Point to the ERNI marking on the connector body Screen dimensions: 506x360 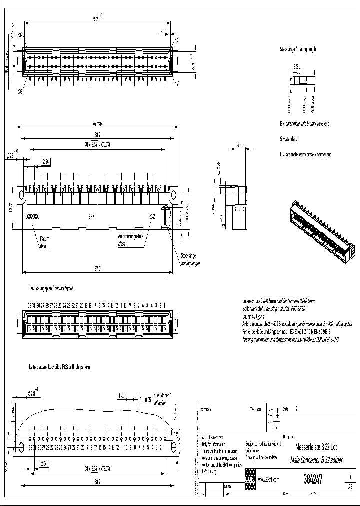(93, 216)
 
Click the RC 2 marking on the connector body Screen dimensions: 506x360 (152, 216)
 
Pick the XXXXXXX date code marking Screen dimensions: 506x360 (32, 216)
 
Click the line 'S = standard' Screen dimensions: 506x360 (289, 139)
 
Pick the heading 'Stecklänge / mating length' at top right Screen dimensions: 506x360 (298, 49)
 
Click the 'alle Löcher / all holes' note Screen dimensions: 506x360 (162, 398)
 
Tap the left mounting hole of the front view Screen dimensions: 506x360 (22, 193)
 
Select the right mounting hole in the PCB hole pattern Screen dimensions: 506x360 (173, 447)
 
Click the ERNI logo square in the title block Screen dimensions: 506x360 (249, 479)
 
